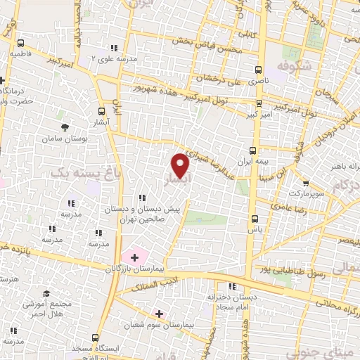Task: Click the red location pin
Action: [x=181, y=165]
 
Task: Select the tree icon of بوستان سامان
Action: [x=65, y=127]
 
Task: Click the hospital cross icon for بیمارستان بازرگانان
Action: [x=134, y=258]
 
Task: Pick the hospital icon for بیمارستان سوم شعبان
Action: [x=160, y=314]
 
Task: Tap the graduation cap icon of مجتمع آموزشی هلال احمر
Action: [x=46, y=294]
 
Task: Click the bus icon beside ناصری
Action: [x=258, y=70]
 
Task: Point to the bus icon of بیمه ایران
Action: [x=254, y=150]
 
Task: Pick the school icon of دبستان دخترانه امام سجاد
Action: [x=231, y=285]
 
